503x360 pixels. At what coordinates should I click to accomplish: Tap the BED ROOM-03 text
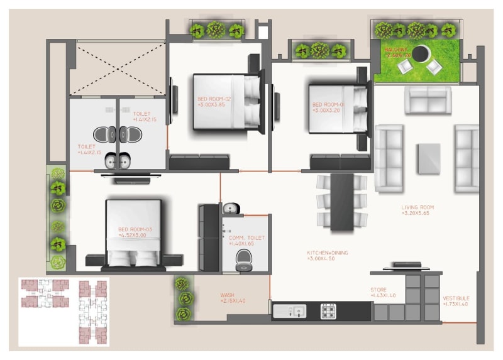(x=135, y=229)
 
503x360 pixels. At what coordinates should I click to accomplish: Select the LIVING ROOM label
(x=417, y=207)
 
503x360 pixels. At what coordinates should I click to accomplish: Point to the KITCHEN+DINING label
(x=327, y=253)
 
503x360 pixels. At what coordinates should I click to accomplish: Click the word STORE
(x=379, y=290)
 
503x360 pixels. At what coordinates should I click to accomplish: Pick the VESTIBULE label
(x=456, y=298)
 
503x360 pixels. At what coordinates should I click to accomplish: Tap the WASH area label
(x=227, y=295)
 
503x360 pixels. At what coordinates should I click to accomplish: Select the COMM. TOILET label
(x=248, y=237)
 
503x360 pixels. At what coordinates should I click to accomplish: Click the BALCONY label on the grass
(x=397, y=49)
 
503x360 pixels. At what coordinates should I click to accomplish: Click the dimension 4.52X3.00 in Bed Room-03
(x=135, y=236)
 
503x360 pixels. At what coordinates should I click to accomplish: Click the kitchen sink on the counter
(x=290, y=310)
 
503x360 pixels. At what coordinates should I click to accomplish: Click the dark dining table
(x=342, y=201)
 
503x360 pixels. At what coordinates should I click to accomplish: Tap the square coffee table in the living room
(x=429, y=158)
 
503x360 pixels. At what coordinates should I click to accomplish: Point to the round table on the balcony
(x=421, y=52)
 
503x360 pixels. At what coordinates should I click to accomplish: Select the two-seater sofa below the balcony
(x=428, y=100)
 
